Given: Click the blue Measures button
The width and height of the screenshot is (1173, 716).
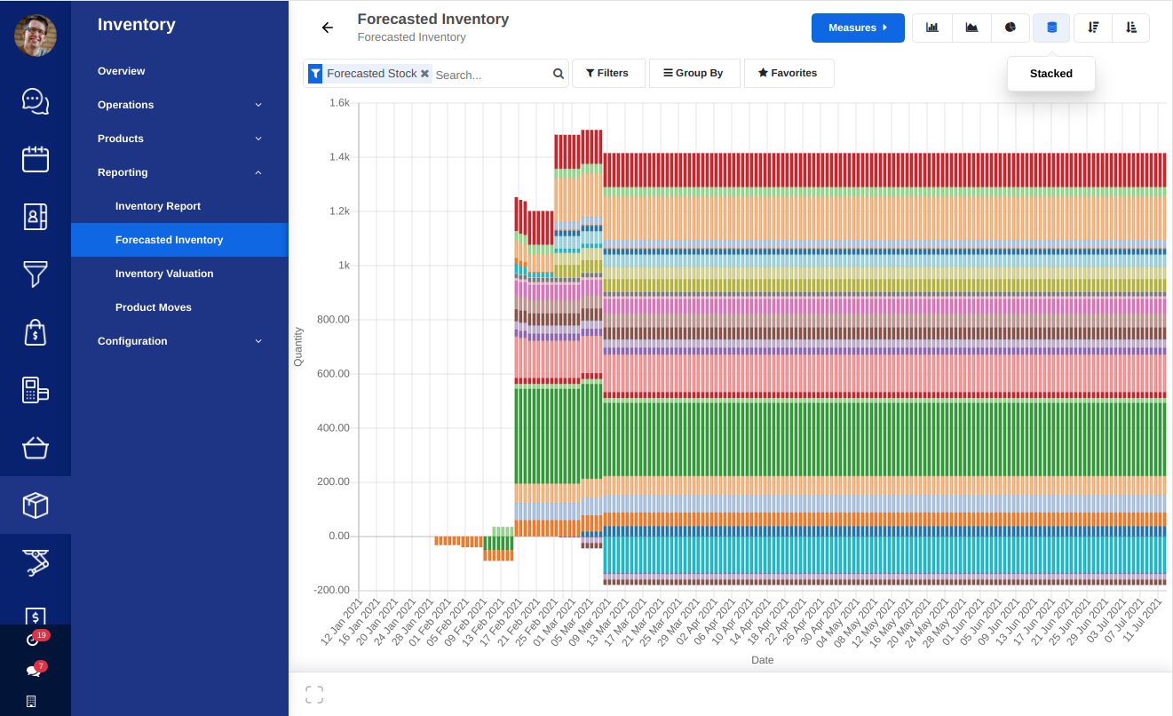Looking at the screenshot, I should (x=857, y=28).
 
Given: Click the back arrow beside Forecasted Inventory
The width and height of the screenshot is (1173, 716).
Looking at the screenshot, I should (x=328, y=28).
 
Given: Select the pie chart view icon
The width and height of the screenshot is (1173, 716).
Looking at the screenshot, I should (x=1011, y=28).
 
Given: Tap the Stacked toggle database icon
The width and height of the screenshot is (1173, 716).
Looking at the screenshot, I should (x=1051, y=28).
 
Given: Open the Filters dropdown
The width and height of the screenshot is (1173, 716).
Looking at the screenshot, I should (x=607, y=73).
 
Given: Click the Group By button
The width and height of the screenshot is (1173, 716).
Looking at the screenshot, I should (x=693, y=73).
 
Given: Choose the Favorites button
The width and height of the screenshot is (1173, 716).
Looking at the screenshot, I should (x=788, y=73).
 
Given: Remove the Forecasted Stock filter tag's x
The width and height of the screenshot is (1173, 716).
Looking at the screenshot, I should (x=424, y=74).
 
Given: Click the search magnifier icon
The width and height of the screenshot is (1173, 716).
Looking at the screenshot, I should (x=559, y=74).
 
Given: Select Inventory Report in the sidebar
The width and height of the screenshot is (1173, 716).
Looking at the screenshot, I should (x=158, y=206).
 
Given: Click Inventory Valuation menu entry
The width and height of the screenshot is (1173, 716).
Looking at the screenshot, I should (x=164, y=274).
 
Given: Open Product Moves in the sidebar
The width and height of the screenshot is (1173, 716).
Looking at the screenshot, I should (x=154, y=307).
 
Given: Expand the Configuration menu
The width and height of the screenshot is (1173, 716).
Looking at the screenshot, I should (x=132, y=341).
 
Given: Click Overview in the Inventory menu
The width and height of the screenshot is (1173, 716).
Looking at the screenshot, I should (x=122, y=71).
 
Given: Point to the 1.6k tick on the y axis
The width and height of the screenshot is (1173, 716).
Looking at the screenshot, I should (x=339, y=103).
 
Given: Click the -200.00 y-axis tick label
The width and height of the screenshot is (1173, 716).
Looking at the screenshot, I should (x=332, y=590).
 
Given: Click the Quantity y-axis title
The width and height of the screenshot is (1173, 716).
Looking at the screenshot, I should (x=298, y=346).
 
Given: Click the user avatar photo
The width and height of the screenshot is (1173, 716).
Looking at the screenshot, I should (x=36, y=36).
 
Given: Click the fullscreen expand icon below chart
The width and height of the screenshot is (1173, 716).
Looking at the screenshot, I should (x=314, y=695).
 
